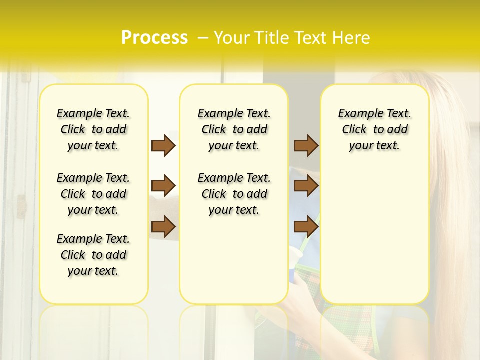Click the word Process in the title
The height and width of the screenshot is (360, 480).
point(154,38)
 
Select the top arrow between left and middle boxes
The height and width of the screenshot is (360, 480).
point(163,145)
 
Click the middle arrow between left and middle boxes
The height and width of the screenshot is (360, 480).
point(163,186)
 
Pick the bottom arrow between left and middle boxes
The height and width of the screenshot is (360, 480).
point(163,227)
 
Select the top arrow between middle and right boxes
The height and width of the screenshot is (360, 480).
point(306,145)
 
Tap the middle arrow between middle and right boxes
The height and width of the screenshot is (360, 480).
point(306,186)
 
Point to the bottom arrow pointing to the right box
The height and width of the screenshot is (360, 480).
point(306,227)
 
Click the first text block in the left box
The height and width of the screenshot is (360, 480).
point(93,129)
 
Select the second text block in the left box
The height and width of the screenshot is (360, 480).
point(93,194)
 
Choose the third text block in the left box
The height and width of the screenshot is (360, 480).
point(93,255)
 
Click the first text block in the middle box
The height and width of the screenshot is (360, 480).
point(234,129)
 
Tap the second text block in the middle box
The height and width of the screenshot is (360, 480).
point(234,194)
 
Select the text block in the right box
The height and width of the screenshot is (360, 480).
point(374,129)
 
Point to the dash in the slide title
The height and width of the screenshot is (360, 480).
point(203,38)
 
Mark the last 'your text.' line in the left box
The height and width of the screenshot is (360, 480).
point(93,271)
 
